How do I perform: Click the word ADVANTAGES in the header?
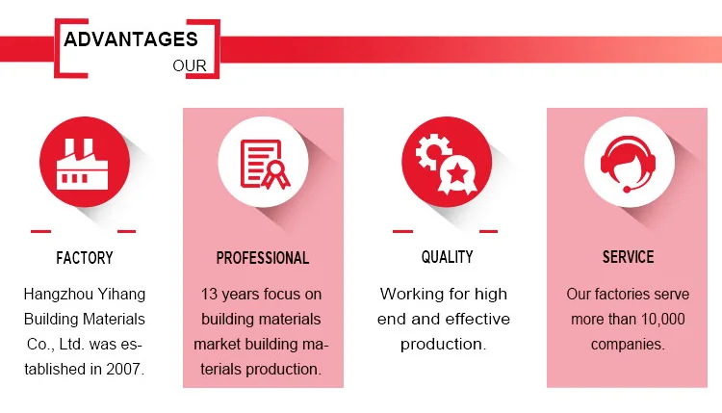point(131,39)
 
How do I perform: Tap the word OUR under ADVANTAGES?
point(190,65)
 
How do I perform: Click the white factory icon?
point(82,165)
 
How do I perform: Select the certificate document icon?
point(266,165)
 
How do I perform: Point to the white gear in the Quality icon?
point(433,151)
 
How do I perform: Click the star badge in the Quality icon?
point(457,175)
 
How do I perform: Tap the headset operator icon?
point(628,164)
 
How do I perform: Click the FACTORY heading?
point(85,258)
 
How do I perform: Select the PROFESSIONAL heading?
point(263,258)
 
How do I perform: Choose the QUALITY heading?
point(447,257)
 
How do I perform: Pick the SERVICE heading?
point(628,257)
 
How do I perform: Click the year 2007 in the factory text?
point(123,369)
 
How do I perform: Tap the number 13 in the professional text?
point(209,295)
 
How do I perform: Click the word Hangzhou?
point(53,295)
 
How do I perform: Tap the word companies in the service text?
point(628,345)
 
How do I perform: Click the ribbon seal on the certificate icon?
point(276,174)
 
